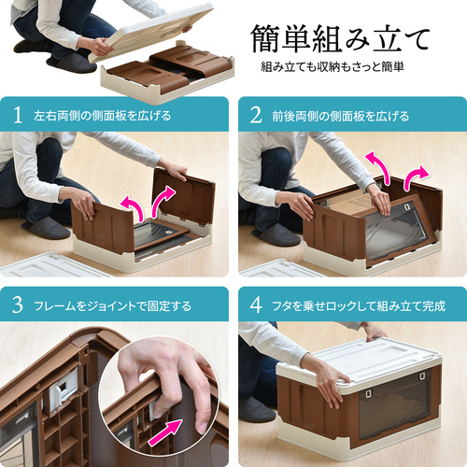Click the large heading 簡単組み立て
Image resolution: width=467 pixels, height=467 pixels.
340,39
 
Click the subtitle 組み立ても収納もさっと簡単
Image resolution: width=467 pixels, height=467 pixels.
333,67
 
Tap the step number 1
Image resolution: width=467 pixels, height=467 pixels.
18,115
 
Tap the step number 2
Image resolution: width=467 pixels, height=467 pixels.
256,115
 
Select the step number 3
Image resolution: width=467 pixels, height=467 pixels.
18,305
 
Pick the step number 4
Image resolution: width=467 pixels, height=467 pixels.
256,305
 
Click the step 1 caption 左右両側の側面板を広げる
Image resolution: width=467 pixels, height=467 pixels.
103,116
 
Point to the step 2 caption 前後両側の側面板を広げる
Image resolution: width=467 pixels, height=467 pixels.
341,116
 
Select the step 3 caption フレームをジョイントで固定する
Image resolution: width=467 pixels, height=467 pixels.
112,306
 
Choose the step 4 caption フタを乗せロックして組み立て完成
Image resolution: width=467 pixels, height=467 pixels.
359,306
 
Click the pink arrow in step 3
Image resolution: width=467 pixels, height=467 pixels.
165,432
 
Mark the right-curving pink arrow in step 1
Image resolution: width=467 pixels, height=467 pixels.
162,199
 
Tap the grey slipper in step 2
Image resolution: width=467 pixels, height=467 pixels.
276,236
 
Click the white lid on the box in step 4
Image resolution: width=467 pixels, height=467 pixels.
360,361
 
